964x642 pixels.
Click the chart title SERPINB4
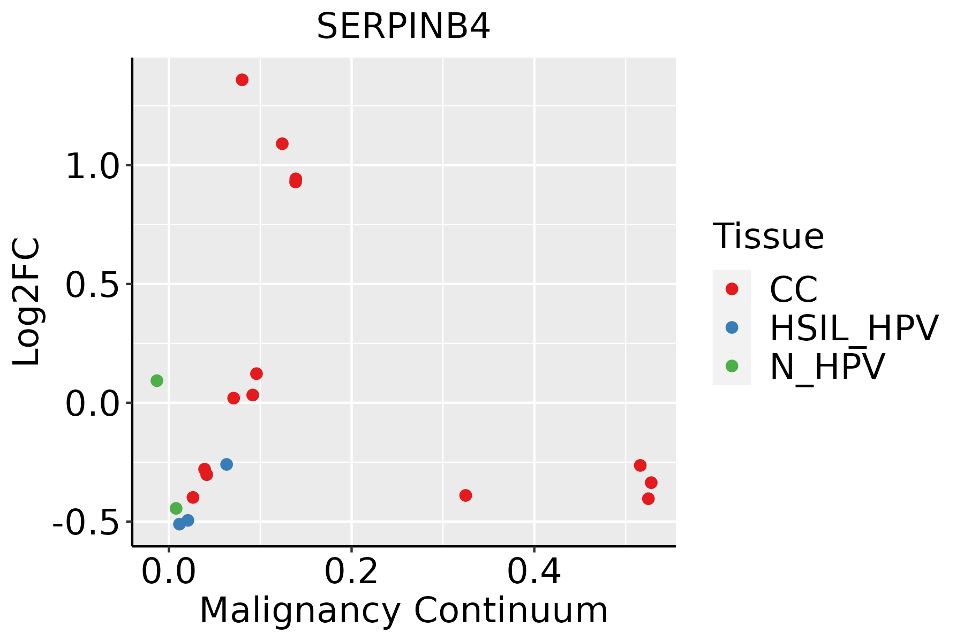click(x=403, y=27)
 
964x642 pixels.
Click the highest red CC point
click(x=242, y=80)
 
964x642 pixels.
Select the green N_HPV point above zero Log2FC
click(x=156, y=381)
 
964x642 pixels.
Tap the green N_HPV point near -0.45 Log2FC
click(x=176, y=508)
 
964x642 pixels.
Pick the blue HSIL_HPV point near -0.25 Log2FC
click(x=227, y=464)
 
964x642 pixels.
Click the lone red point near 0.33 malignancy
click(x=465, y=495)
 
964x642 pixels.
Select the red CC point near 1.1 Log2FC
click(x=282, y=144)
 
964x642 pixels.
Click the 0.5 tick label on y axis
click(x=92, y=286)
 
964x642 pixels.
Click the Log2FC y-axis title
click(x=27, y=302)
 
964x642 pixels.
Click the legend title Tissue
click(x=768, y=236)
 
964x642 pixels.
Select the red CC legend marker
click(x=732, y=289)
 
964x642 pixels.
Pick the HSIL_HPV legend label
click(x=854, y=328)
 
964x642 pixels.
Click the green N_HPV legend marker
click(x=732, y=366)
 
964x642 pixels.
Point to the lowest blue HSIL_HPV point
click(x=179, y=524)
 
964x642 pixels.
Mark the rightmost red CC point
click(x=651, y=483)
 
